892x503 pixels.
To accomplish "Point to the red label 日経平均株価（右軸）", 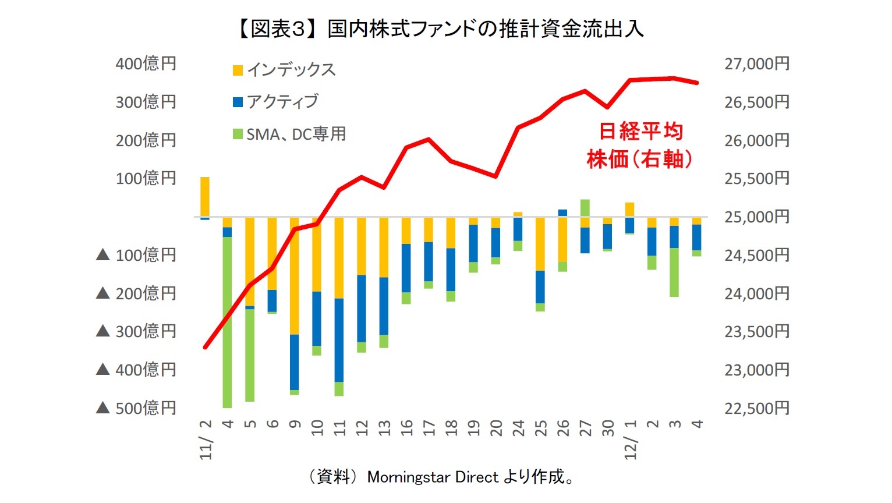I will [x=640, y=145].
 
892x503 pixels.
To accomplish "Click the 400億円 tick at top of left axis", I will [x=146, y=63].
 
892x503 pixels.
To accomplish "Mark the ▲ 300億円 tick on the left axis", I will [x=136, y=331].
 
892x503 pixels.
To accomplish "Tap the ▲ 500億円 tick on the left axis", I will [x=136, y=408].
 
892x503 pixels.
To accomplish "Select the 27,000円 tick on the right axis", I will [x=756, y=63].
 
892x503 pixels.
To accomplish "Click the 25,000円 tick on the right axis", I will [x=756, y=217].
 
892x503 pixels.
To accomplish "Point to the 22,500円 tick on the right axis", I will [x=756, y=408].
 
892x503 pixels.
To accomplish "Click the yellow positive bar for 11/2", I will [x=205, y=197].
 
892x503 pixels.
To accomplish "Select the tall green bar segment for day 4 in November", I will [x=227, y=322].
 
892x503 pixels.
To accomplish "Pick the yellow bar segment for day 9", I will [x=295, y=275].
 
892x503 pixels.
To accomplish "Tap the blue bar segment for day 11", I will [x=339, y=340].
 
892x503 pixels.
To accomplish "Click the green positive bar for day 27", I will [x=585, y=208].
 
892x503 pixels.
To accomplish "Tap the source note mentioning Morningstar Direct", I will [x=441, y=477].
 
